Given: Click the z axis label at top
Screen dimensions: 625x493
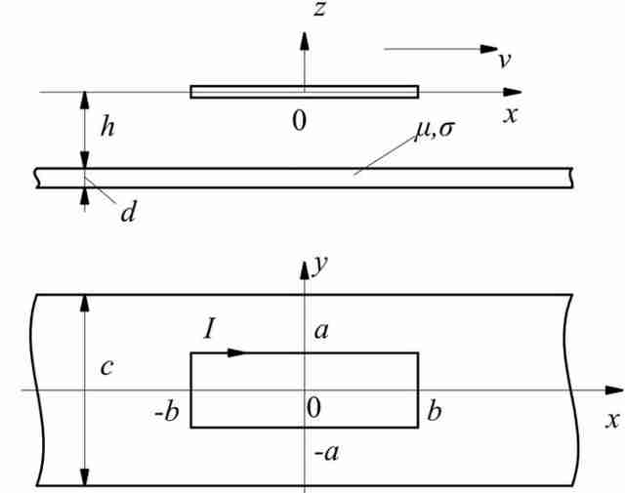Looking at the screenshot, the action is (319, 9).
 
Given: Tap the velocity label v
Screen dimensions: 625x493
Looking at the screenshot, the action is (505, 61).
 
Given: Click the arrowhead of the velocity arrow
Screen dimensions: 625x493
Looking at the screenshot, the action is (489, 49).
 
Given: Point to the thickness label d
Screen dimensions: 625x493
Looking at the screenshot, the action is (128, 212).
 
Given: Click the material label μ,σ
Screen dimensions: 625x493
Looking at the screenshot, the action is (435, 130).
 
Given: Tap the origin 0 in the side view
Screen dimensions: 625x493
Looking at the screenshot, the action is (300, 121).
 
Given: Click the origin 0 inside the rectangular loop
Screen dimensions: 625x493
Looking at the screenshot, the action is (313, 408).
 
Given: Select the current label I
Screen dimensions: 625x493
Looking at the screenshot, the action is (209, 330).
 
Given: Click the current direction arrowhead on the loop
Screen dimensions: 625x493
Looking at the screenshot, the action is (236, 352).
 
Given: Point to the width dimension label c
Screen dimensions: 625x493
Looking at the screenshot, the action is (106, 367).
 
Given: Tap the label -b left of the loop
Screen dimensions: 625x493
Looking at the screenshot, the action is (167, 412).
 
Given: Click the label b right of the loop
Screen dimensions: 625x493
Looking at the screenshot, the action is (435, 411).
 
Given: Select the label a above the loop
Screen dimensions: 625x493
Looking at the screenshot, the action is (321, 331).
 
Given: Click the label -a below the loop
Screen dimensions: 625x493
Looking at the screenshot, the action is (326, 453).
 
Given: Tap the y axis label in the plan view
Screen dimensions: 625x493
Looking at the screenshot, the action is (320, 266).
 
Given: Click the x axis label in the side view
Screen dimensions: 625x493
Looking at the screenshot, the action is (510, 115).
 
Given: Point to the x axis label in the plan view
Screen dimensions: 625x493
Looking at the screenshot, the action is (613, 420).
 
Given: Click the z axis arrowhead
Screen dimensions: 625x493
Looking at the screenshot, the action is (305, 41).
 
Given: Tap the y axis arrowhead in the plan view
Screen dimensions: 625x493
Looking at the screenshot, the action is (305, 270).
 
